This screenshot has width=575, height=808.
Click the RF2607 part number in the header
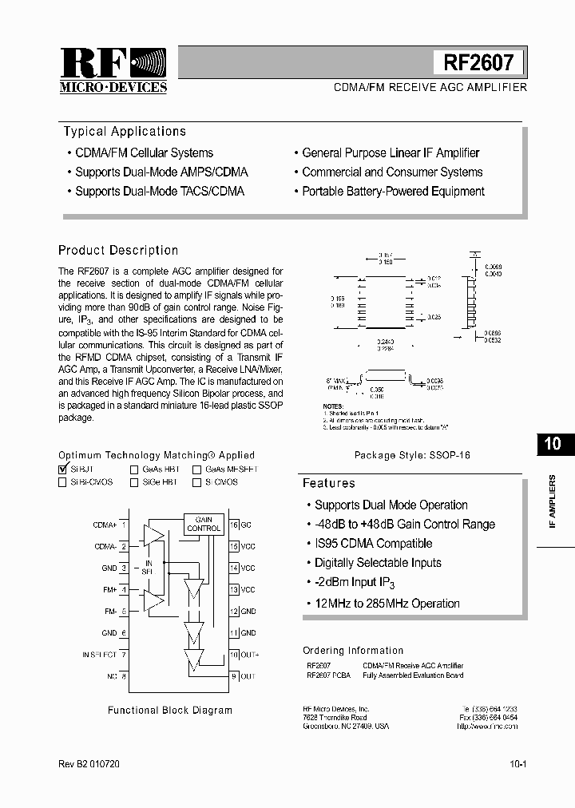tap(479, 63)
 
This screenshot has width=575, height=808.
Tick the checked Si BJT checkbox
tap(63, 469)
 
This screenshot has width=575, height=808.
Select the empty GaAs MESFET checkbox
tap(196, 469)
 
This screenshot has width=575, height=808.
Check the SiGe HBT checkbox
tap(135, 482)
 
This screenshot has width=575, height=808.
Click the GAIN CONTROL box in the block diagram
tap(204, 524)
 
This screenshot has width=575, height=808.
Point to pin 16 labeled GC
tap(240, 525)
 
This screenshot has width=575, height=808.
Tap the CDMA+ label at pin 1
tap(105, 525)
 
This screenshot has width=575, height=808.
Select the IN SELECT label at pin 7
tap(99, 655)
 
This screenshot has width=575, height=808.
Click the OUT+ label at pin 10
tap(249, 655)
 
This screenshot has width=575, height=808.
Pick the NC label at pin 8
tap(111, 676)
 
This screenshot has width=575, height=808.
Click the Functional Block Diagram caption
tap(169, 710)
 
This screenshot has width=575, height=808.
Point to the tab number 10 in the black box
tap(552, 444)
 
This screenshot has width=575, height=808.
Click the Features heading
tap(328, 483)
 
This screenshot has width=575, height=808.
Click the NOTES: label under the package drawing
tap(333, 406)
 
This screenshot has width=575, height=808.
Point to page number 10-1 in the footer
tap(517, 764)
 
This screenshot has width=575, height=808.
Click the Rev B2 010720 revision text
tap(89, 764)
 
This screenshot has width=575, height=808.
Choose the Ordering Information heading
tap(353, 651)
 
